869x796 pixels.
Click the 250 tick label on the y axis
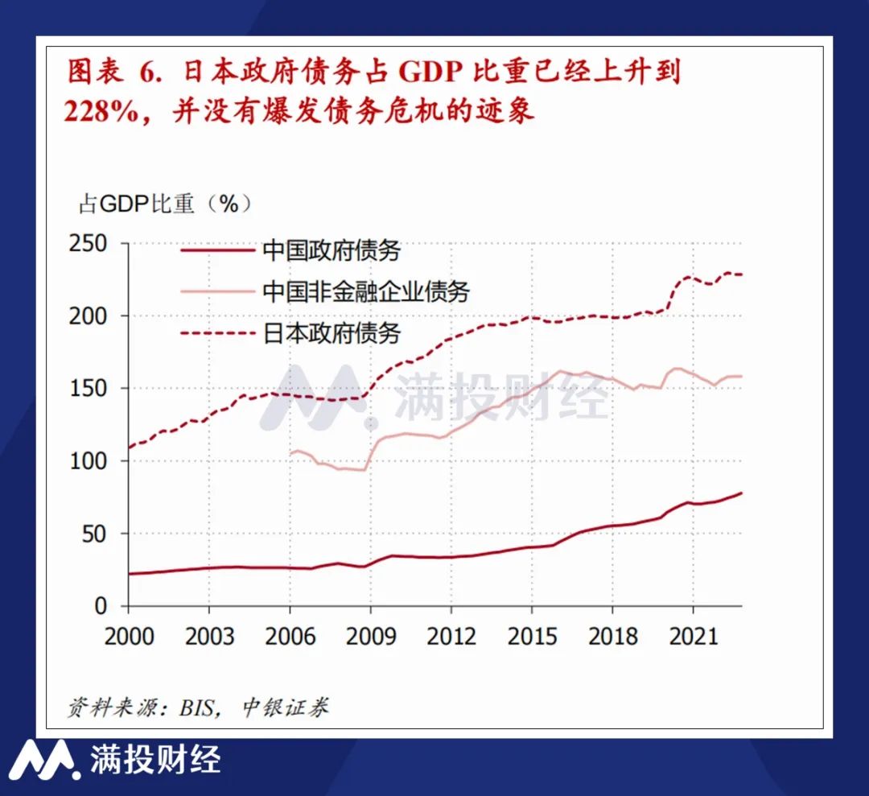tap(89, 243)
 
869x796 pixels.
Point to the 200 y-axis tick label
tap(89, 316)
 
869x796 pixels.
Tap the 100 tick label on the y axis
tap(89, 461)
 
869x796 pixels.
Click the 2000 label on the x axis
tap(129, 636)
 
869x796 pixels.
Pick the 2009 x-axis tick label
tap(370, 636)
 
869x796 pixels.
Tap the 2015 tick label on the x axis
tap(532, 636)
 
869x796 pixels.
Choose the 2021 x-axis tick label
tap(694, 636)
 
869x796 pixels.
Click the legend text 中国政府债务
tap(332, 250)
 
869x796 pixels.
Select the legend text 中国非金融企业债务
tap(366, 291)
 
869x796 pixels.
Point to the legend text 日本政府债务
tap(332, 332)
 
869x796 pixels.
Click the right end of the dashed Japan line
tap(741, 274)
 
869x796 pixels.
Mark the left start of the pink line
tap(290, 454)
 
